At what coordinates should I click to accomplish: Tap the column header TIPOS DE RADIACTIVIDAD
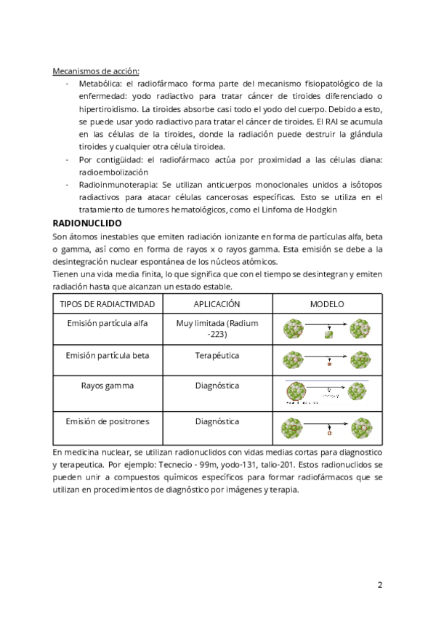point(106,303)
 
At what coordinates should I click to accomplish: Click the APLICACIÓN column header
point(217,303)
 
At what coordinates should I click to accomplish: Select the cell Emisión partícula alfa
point(106,323)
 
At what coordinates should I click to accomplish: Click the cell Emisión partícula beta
point(106,356)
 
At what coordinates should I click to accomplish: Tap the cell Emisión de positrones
point(106,421)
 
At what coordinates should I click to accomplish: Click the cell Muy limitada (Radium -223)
point(217,329)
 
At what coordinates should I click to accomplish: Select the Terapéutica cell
point(217,356)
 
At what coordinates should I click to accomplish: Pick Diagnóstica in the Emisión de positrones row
point(217,421)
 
